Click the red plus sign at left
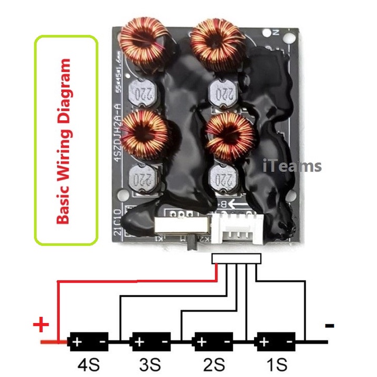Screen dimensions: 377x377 click(41, 324)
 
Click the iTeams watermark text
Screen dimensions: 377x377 click(292, 166)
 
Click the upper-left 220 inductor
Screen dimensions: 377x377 click(143, 95)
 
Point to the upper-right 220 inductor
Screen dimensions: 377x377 click(222, 96)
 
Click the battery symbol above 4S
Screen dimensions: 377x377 click(88, 342)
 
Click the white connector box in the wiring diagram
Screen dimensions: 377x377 click(236, 258)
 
